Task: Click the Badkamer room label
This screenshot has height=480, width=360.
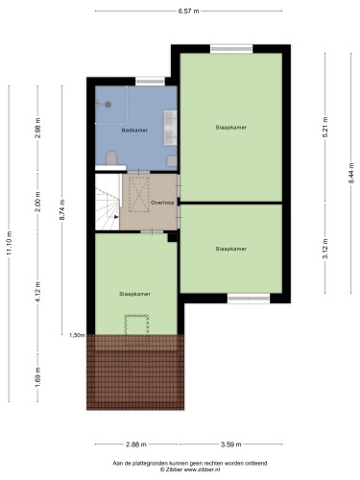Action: tap(134, 131)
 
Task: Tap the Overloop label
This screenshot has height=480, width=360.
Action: tap(162, 203)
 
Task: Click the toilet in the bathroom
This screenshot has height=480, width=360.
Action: tap(111, 158)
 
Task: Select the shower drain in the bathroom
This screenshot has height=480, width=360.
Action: tap(108, 104)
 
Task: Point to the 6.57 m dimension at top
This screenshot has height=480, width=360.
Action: tap(188, 12)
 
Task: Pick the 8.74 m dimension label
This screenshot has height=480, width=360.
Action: tap(62, 209)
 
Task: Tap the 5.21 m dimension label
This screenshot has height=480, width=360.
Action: tap(325, 127)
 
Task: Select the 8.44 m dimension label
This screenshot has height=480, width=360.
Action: tap(351, 173)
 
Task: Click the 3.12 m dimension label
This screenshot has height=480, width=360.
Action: tap(325, 249)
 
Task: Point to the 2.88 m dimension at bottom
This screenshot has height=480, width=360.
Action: tap(136, 444)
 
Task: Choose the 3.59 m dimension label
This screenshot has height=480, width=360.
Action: tap(231, 444)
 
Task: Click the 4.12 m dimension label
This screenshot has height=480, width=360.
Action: tap(38, 292)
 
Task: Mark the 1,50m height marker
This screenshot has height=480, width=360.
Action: tap(77, 335)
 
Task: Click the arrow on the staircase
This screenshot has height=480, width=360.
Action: tap(116, 216)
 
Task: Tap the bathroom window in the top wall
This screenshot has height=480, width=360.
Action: tap(150, 82)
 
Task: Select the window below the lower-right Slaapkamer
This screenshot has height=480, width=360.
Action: tap(249, 299)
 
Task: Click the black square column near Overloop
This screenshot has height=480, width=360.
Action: tap(173, 237)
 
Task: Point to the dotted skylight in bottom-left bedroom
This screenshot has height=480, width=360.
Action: tap(136, 324)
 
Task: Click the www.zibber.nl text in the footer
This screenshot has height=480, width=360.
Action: tap(198, 469)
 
